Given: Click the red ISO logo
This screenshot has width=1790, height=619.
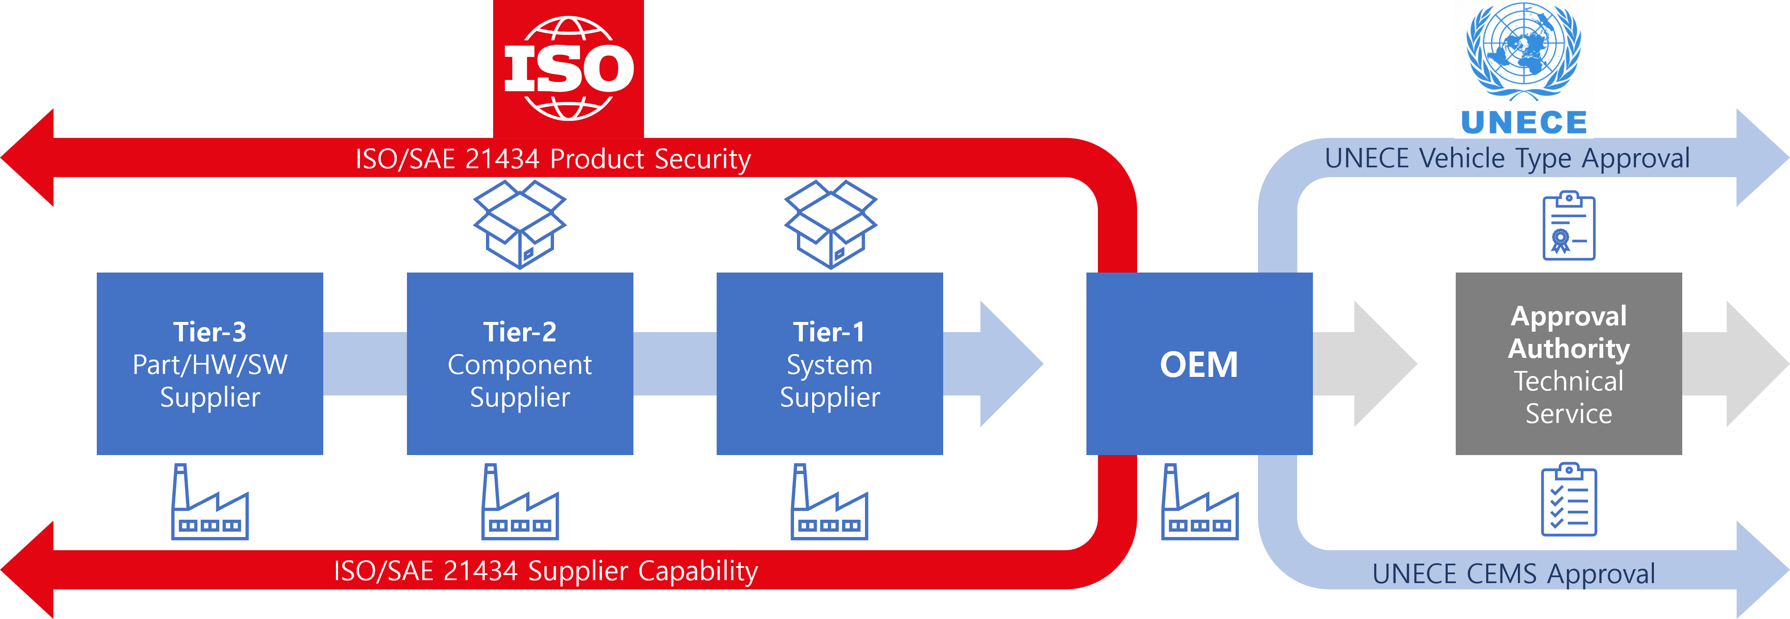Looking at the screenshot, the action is point(568,69).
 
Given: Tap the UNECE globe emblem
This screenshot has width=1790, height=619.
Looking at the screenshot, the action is point(1524,52).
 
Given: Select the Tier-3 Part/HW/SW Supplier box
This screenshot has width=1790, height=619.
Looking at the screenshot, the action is point(210,363).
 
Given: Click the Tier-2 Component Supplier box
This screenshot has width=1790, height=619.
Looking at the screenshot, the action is point(520,363).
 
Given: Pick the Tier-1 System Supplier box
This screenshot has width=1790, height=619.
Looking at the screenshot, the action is point(830,363).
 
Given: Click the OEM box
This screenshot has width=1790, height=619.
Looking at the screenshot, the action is point(1199,363).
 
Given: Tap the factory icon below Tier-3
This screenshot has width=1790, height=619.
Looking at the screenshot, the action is point(210,502).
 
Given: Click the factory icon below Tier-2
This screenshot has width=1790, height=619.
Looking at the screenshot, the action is point(520,502).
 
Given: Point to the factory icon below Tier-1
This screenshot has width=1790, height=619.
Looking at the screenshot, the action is point(830,502).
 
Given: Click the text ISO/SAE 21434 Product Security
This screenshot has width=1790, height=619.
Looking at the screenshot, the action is point(553,159).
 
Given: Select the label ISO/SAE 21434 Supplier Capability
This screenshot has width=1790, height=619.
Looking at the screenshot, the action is point(546,571).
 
